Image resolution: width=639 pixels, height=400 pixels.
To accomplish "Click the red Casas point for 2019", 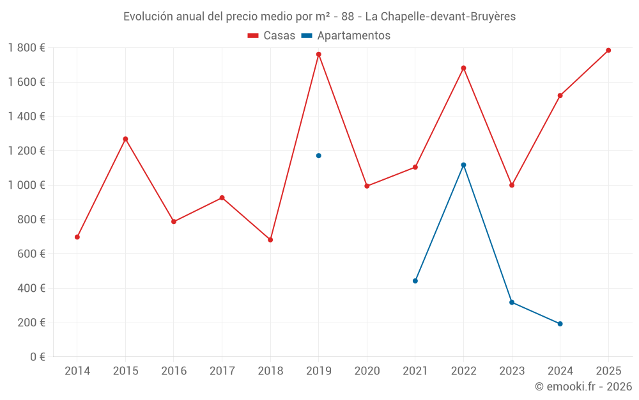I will pos(318,54).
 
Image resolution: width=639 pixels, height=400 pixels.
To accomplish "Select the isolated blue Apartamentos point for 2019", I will pos(318,156).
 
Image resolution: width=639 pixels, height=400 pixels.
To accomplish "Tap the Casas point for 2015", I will pos(125,139).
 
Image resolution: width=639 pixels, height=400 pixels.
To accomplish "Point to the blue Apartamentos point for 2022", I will pos(463,165).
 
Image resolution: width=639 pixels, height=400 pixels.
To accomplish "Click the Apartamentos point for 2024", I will pos(560,324).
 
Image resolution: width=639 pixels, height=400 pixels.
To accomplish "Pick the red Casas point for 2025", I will pos(608,51).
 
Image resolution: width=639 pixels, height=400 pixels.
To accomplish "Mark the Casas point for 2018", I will pos(270,240).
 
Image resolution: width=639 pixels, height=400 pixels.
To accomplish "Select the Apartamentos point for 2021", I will pos(415,281).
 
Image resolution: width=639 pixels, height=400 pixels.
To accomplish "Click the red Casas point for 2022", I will pos(463,68).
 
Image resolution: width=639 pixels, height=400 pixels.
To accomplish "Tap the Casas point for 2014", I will pos(77,237).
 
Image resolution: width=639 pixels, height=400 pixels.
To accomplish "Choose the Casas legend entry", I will pos(272,36).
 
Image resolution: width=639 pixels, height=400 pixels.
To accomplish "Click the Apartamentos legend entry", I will pos(346,36).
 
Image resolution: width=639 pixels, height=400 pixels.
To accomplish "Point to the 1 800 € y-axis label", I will pos(26,47).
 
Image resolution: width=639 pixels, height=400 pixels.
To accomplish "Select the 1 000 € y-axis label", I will pos(26,185).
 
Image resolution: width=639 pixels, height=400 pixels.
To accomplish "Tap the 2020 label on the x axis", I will pos(367,371).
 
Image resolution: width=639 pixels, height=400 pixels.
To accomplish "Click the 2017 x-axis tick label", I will pos(222,371).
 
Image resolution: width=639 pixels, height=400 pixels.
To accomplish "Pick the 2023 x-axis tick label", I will pos(512,371).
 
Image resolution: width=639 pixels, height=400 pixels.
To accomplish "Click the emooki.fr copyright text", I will pos(583,387).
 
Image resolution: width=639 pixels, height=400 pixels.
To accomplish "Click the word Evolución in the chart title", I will pos(148,17).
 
